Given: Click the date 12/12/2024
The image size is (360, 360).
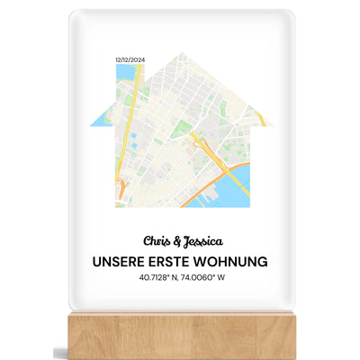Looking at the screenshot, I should click(129, 59).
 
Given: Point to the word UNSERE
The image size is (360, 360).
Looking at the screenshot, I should click(121, 262).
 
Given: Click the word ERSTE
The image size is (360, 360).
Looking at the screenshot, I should click(178, 262).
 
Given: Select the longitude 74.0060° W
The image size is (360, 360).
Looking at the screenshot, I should click(209, 278).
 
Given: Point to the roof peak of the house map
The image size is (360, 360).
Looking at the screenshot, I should click(181, 54).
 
